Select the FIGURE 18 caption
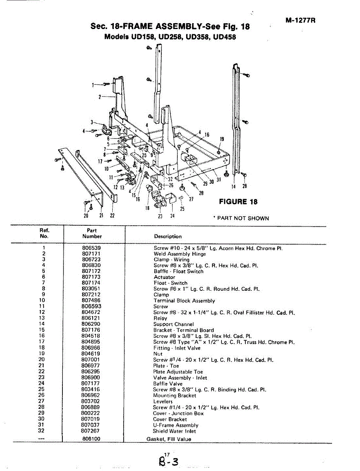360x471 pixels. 238,202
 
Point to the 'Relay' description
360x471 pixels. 160,318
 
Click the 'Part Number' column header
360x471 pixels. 92,234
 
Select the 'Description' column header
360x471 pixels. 168,237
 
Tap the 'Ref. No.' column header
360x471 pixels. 44,234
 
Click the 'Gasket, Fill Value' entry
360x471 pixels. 169,439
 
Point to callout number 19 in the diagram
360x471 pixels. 222,139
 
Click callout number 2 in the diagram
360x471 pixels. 100,97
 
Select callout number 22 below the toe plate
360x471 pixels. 113,215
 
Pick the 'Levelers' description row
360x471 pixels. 163,402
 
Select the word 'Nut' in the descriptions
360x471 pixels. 157,354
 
